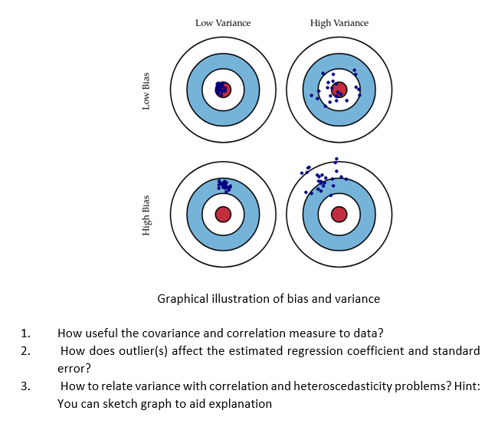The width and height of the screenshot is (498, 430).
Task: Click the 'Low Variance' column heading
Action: pyautogui.click(x=223, y=23)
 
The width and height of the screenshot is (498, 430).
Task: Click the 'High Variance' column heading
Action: pyautogui.click(x=339, y=23)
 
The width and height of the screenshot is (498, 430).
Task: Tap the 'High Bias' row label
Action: pyautogui.click(x=146, y=215)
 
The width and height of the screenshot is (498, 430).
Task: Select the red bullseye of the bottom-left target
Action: pyautogui.click(x=223, y=214)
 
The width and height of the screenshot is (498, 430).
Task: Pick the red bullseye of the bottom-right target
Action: pyautogui.click(x=339, y=214)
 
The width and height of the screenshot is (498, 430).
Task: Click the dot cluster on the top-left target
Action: pyautogui.click(x=222, y=89)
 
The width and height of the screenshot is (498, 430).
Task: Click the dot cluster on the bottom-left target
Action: pyautogui.click(x=224, y=185)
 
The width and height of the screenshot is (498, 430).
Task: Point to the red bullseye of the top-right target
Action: pyautogui.click(x=339, y=89)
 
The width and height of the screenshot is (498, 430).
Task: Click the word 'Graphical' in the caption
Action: pyautogui.click(x=184, y=298)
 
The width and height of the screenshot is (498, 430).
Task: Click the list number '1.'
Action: pyautogui.click(x=26, y=333)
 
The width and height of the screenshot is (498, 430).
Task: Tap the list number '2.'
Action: pyautogui.click(x=26, y=351)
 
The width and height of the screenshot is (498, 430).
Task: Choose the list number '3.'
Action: pyautogui.click(x=26, y=386)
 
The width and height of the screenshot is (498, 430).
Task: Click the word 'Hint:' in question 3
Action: pyautogui.click(x=466, y=386)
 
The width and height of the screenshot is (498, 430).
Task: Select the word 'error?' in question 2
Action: pyautogui.click(x=74, y=368)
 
